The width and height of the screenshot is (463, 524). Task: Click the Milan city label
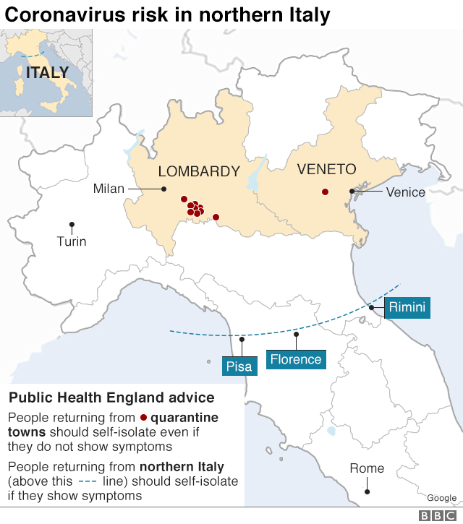pyautogui.click(x=109, y=189)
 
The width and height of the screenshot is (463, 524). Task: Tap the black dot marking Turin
pyautogui.click(x=72, y=225)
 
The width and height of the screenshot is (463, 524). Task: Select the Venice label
pyautogui.click(x=405, y=192)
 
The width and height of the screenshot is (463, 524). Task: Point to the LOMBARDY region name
pyautogui.click(x=199, y=171)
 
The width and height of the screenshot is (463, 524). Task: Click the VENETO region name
pyautogui.click(x=327, y=169)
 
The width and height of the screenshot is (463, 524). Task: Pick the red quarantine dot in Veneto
pyautogui.click(x=325, y=192)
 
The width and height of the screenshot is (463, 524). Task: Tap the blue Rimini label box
pyautogui.click(x=407, y=307)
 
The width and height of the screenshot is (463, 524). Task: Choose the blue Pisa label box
pyautogui.click(x=239, y=366)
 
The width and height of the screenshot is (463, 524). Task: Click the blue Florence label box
pyautogui.click(x=295, y=359)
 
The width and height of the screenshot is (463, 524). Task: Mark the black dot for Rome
pyautogui.click(x=368, y=491)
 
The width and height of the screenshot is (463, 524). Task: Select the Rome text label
pyautogui.click(x=367, y=468)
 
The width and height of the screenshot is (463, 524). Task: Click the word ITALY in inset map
pyautogui.click(x=47, y=72)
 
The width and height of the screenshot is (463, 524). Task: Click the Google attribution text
pyautogui.click(x=441, y=498)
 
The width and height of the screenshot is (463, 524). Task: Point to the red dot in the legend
pyautogui.click(x=143, y=418)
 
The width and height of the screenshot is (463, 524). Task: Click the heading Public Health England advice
pyautogui.click(x=111, y=398)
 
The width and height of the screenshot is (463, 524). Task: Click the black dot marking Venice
pyautogui.click(x=352, y=192)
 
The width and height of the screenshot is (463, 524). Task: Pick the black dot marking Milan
pyautogui.click(x=164, y=189)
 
